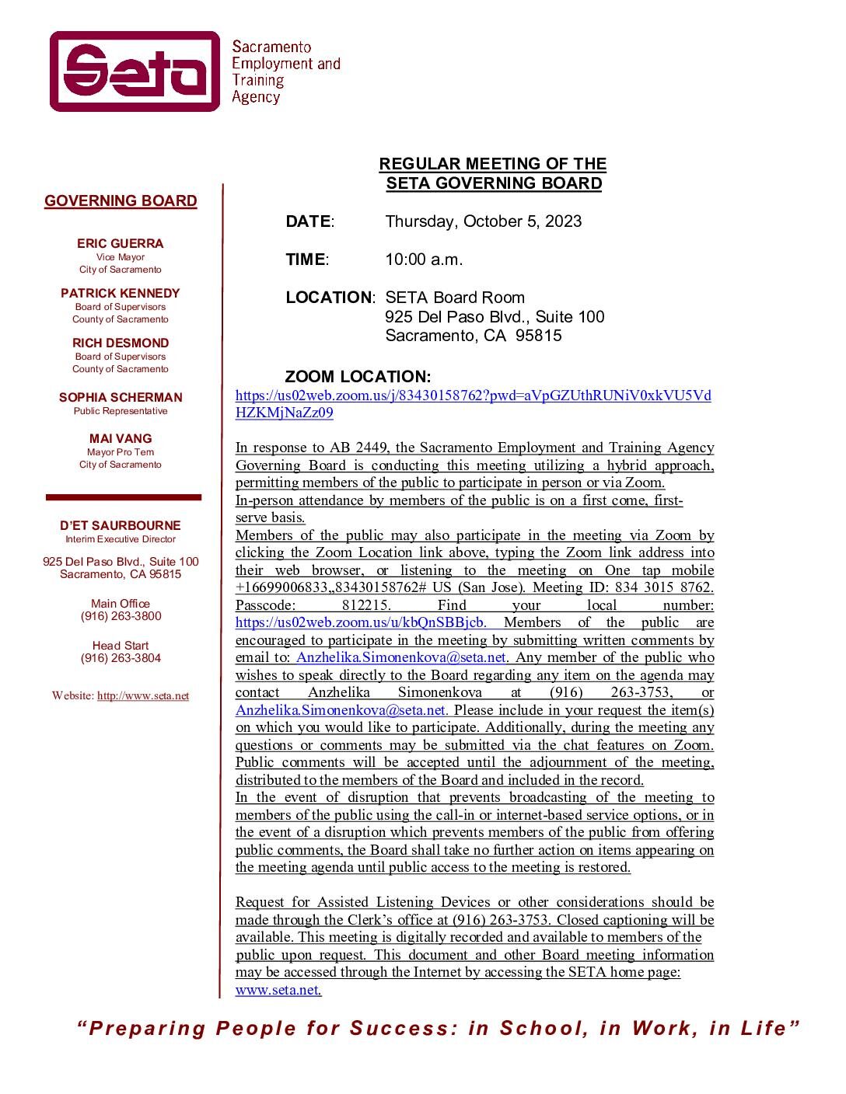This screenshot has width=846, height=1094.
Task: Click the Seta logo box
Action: [x=135, y=71]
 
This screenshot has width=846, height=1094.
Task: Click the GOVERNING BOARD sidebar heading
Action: [x=121, y=201]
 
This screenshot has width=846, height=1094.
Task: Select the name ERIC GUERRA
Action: [x=121, y=244]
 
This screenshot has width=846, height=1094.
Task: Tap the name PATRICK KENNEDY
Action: [x=121, y=294]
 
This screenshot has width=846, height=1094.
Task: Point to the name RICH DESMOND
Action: [x=121, y=343]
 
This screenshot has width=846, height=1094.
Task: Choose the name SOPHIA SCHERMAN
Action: [x=121, y=398]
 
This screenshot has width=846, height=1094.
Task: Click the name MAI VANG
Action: [x=121, y=439]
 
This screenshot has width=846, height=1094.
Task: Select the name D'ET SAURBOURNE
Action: [x=121, y=526]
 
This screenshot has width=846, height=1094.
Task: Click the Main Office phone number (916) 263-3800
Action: [x=121, y=616]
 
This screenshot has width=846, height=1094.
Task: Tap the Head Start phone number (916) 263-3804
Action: [x=121, y=658]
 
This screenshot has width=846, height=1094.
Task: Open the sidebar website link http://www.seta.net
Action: [x=143, y=696]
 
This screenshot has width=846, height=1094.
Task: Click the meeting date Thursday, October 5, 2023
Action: [x=483, y=221]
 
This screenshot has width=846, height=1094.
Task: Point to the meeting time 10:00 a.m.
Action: [x=424, y=260]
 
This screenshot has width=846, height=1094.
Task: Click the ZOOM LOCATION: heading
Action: [x=358, y=378]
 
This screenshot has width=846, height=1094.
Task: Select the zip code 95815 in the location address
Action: [x=538, y=336]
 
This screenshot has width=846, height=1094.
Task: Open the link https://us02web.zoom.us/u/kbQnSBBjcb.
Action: [x=361, y=622]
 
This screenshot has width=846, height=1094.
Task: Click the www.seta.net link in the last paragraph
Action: [x=277, y=990]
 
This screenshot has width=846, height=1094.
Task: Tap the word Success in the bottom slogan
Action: [x=400, y=1029]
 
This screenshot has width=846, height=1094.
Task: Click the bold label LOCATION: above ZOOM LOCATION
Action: [x=330, y=298]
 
